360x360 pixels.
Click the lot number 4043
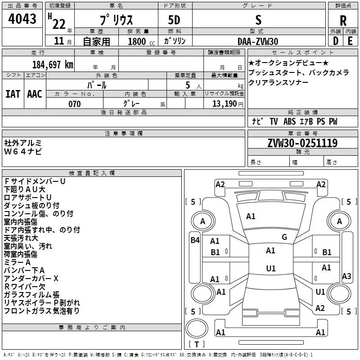point(22,19)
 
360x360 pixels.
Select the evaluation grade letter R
point(343,21)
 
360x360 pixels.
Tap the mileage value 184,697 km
point(53,65)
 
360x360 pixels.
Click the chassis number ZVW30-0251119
point(302,143)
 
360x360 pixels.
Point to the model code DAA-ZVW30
point(258,41)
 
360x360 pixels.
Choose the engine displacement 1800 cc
point(141,41)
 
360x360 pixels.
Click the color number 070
point(75,104)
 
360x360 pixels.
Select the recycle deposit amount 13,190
point(225,104)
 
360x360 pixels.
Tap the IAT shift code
point(13,94)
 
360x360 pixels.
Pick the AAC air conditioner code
point(35,94)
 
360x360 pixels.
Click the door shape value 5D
point(174,20)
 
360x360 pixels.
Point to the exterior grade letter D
point(336,41)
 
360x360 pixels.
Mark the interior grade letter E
point(350,41)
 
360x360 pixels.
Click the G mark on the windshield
point(284,237)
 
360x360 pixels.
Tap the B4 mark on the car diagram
point(195,240)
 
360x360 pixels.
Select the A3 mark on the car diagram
point(346,276)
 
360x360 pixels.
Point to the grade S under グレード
point(258,20)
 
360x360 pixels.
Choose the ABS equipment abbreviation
point(289,121)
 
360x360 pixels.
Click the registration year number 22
point(59,24)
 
